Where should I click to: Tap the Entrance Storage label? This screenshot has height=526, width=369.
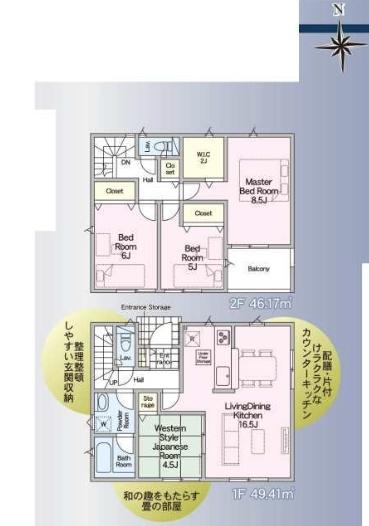click(x=146, y=306)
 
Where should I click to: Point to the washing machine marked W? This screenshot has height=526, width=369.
click(x=103, y=422)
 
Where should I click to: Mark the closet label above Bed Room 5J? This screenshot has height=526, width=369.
click(x=203, y=213)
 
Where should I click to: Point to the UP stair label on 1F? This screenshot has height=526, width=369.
click(x=113, y=382)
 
